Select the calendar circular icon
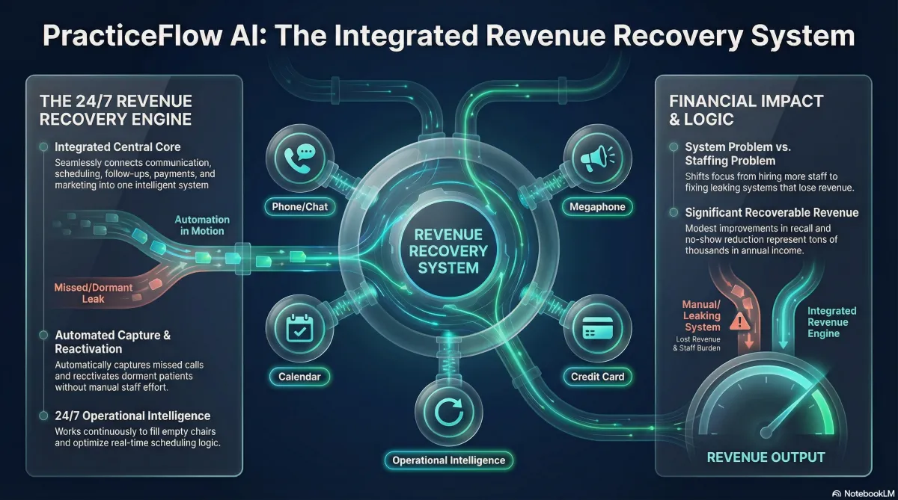(x=298, y=328)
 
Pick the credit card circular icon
(x=598, y=328)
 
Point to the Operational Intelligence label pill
(x=448, y=460)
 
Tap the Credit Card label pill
(x=598, y=376)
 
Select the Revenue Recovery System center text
(x=448, y=250)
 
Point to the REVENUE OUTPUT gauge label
(x=766, y=457)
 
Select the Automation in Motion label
(x=202, y=225)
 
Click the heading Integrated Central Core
(x=117, y=146)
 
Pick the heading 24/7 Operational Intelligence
(x=132, y=416)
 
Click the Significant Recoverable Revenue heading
(x=772, y=213)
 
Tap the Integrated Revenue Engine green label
(x=832, y=322)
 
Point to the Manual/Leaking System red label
(x=701, y=315)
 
